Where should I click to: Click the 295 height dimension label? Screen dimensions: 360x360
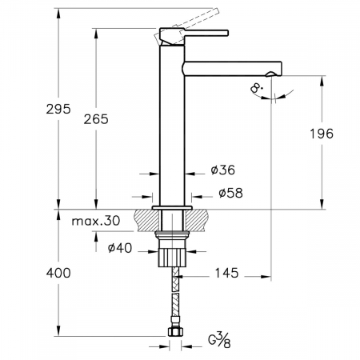(x=58, y=109)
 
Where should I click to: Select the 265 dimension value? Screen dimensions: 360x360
(x=96, y=119)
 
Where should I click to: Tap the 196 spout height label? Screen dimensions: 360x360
(x=322, y=134)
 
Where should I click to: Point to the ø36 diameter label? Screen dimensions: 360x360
(x=223, y=170)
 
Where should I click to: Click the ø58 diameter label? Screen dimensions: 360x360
(x=230, y=193)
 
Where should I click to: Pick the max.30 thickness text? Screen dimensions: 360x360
(x=96, y=221)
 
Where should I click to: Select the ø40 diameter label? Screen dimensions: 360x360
(x=120, y=248)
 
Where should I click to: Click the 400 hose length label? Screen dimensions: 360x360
(x=58, y=273)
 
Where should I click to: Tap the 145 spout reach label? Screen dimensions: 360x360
(x=226, y=273)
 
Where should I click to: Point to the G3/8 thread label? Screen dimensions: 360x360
(x=219, y=339)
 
